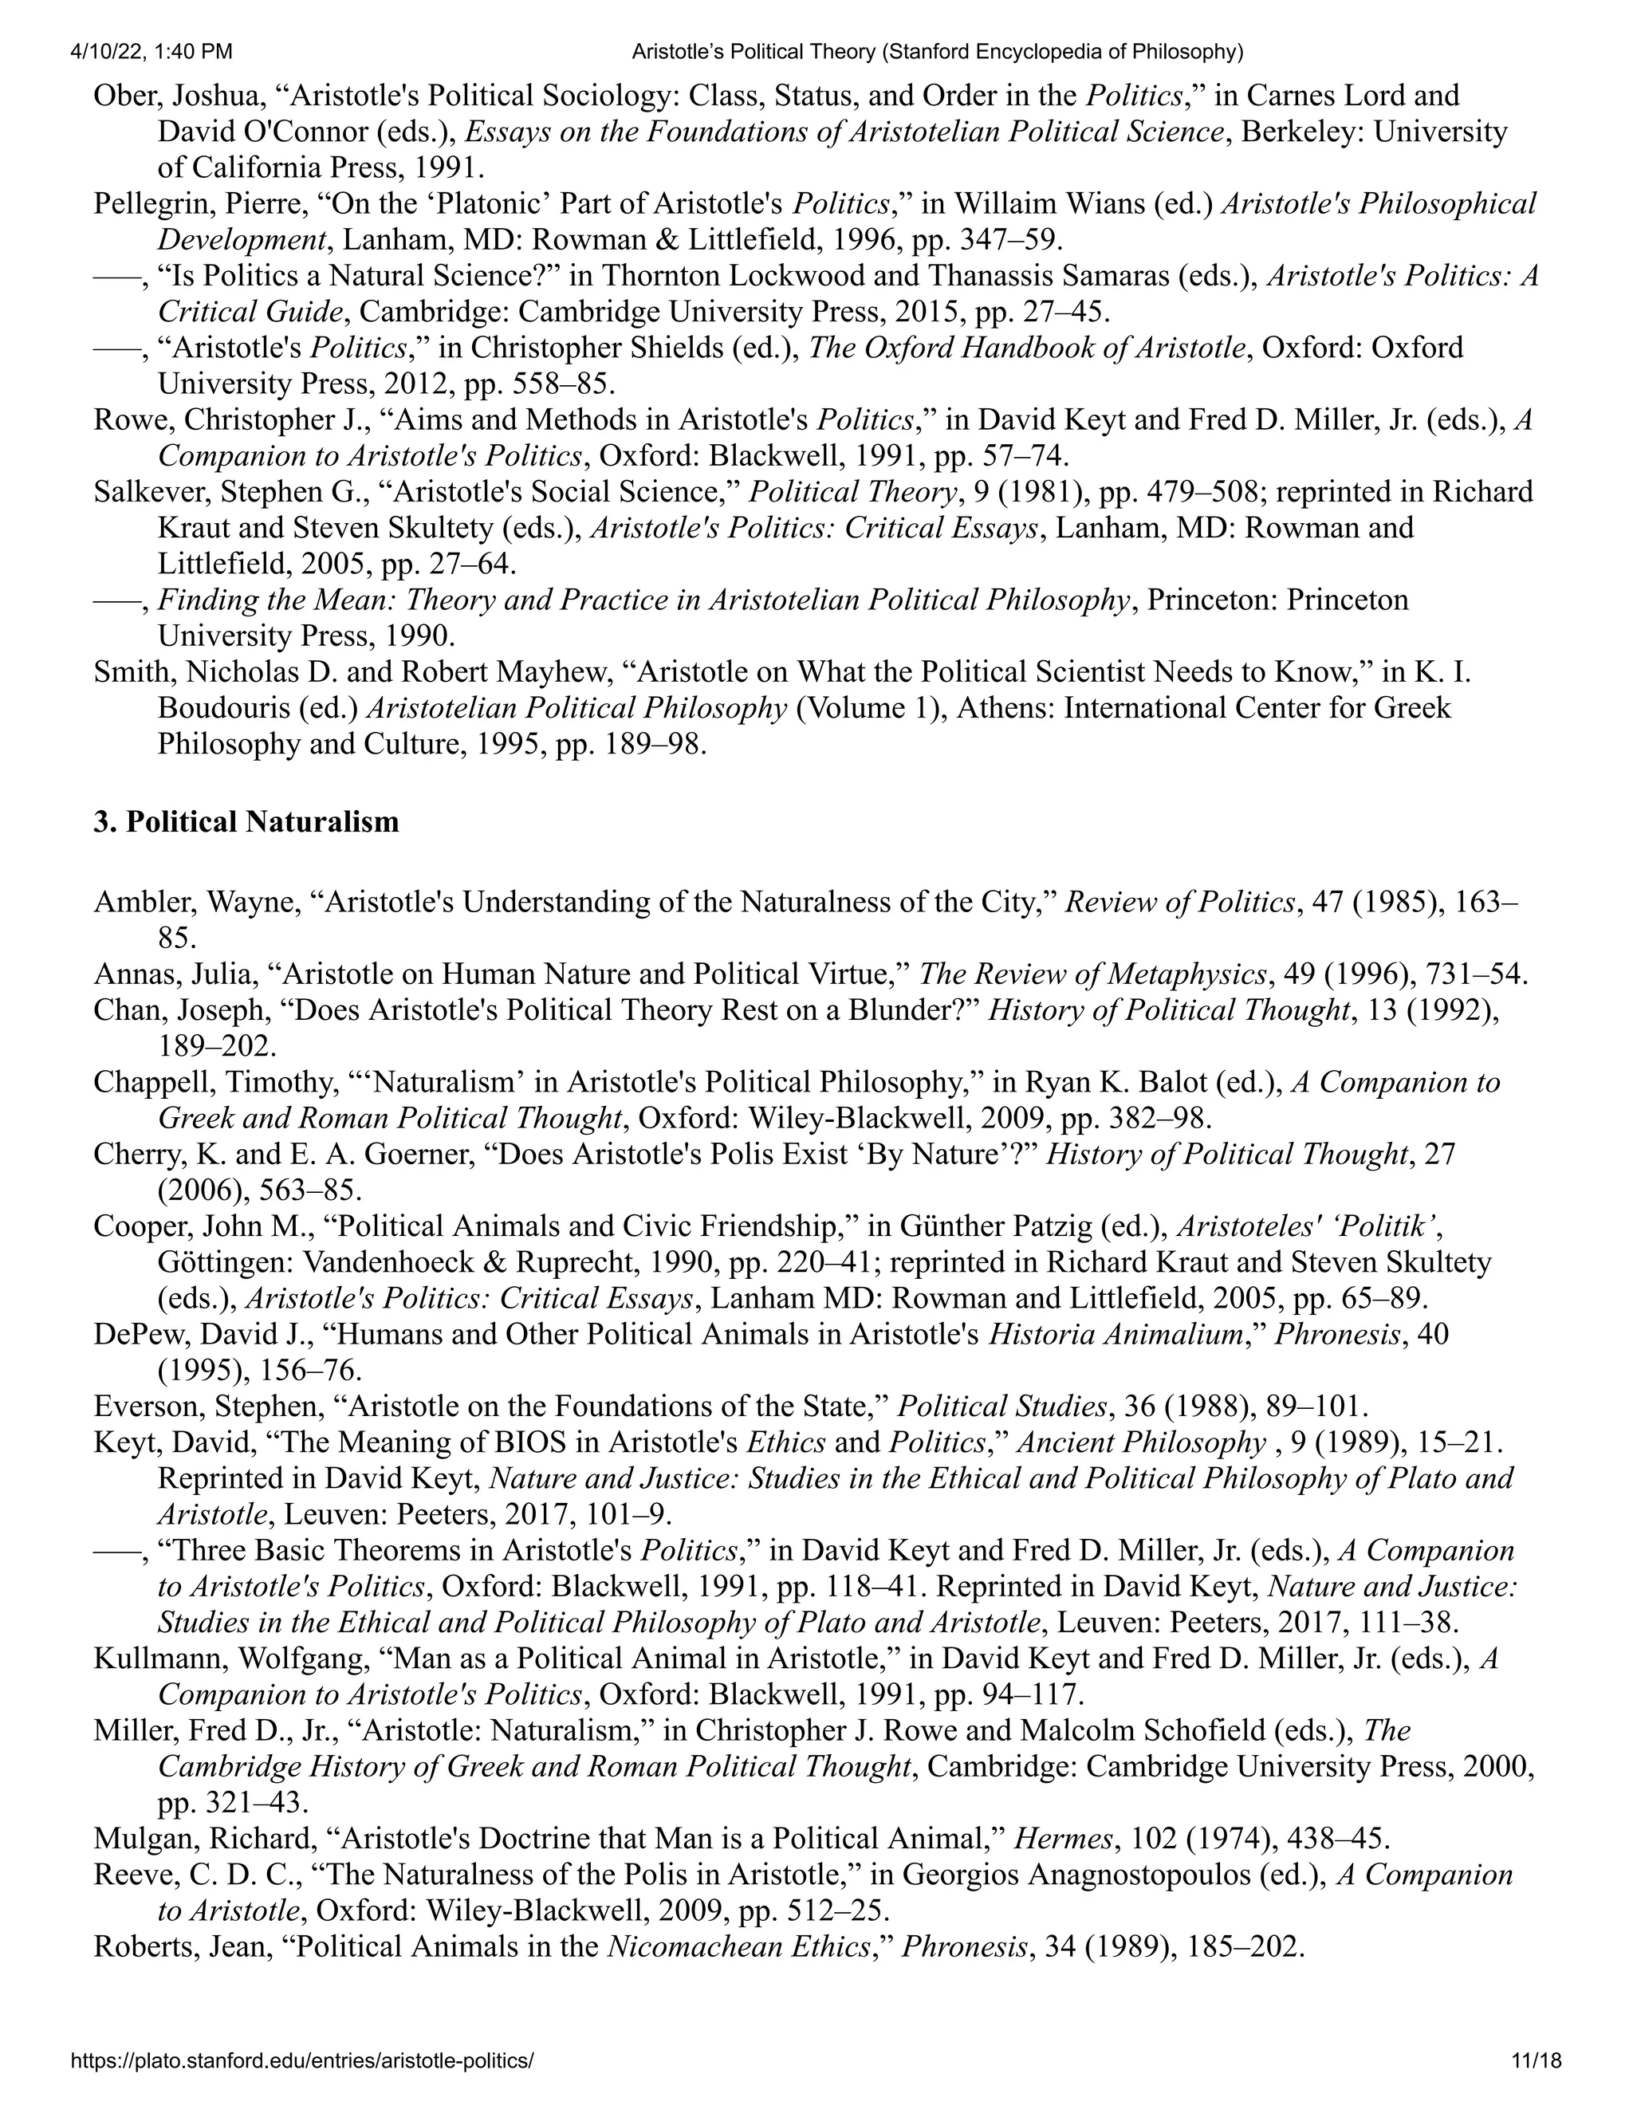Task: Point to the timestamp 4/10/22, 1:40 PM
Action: (x=151, y=51)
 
